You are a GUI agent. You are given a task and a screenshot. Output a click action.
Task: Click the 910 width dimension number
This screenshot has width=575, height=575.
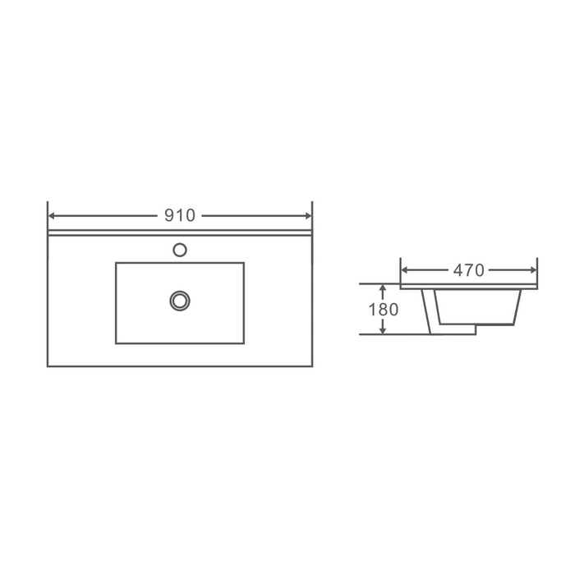[180, 216]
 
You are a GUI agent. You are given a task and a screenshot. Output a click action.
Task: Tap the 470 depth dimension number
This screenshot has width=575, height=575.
[468, 270]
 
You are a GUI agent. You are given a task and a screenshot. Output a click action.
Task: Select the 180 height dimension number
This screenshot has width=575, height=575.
[384, 310]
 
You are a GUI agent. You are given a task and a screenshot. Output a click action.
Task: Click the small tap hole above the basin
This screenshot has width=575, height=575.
[179, 249]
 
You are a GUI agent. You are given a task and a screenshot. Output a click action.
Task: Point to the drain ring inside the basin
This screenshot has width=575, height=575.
[179, 300]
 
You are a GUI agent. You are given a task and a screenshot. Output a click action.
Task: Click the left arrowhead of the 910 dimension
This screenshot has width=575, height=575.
[52, 216]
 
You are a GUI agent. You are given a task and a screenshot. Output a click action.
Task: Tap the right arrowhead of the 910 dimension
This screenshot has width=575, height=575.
[309, 216]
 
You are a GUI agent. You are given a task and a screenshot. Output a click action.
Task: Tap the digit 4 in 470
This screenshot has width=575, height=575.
[458, 270]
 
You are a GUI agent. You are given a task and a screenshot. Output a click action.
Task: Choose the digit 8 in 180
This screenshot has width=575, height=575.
[384, 310]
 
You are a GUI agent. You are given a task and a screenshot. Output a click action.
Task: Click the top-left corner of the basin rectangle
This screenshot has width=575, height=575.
[116, 263]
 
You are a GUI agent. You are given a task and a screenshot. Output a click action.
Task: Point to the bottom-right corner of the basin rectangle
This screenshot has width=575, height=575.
[244, 343]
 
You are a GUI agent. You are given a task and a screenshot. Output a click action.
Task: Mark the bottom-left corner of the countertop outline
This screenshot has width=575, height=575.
[48, 366]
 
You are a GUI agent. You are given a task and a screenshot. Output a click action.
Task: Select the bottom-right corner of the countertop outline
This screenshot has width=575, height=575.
[313, 366]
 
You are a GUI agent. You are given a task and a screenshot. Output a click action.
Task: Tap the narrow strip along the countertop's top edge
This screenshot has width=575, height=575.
[180, 233]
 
